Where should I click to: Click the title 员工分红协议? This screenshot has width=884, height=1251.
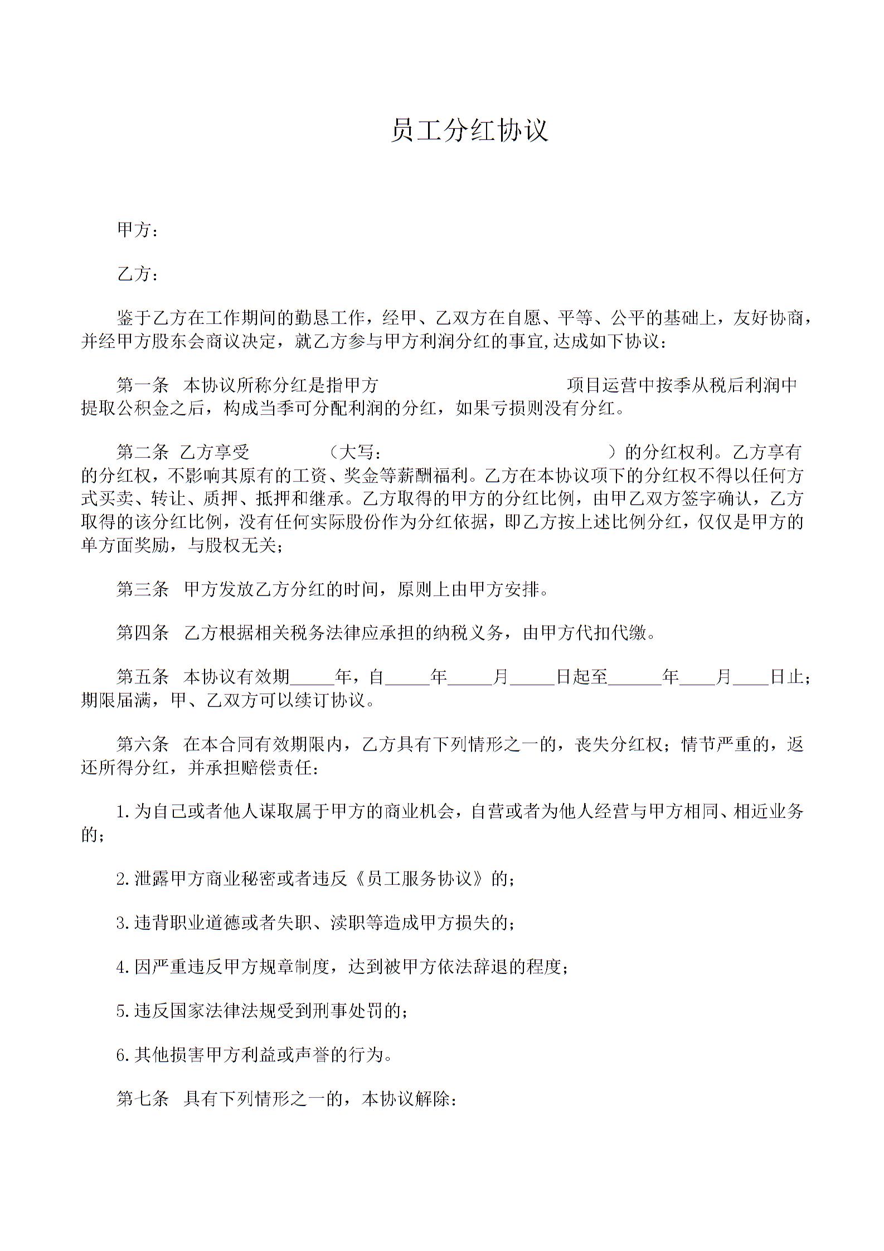coord(469,130)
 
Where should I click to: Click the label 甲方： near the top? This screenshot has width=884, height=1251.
coord(137,230)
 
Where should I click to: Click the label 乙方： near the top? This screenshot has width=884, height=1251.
coord(137,274)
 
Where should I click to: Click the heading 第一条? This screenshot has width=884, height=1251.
coord(142,385)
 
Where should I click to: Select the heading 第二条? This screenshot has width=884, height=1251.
coord(142,452)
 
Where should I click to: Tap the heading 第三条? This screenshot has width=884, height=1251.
coord(142,589)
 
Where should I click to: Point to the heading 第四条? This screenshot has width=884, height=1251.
coord(142,633)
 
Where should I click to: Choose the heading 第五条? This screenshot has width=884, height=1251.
coord(142,677)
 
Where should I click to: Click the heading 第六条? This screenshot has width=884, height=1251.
coord(142,744)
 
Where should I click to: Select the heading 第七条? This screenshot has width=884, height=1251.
coord(142,1099)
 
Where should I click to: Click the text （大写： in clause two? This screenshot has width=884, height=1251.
coord(354,452)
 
